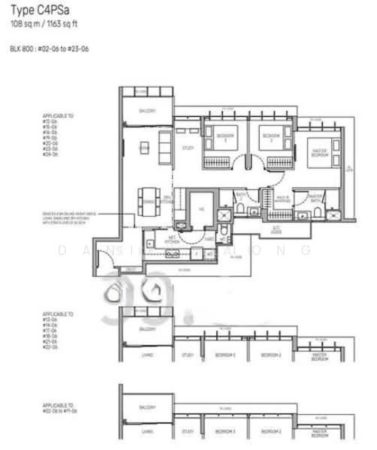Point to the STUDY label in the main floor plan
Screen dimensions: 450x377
pos(188,148)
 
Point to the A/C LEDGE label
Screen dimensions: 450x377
pos(276,229)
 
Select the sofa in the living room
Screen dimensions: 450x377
pos(164,148)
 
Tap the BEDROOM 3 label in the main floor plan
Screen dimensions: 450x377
pos(222,137)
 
